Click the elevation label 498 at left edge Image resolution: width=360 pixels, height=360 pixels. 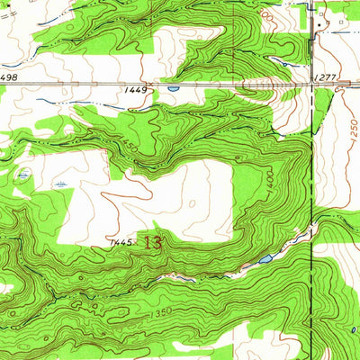coord(8,78)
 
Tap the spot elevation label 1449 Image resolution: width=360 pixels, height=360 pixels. coord(136,90)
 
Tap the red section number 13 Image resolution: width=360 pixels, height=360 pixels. coord(152,243)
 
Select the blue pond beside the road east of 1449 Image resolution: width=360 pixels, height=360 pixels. coord(173,88)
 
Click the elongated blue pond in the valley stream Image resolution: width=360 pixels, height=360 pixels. coord(265,259)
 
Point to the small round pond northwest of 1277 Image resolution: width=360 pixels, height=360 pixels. coord(285,64)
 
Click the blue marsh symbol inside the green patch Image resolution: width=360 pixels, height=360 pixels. coord(23,174)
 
